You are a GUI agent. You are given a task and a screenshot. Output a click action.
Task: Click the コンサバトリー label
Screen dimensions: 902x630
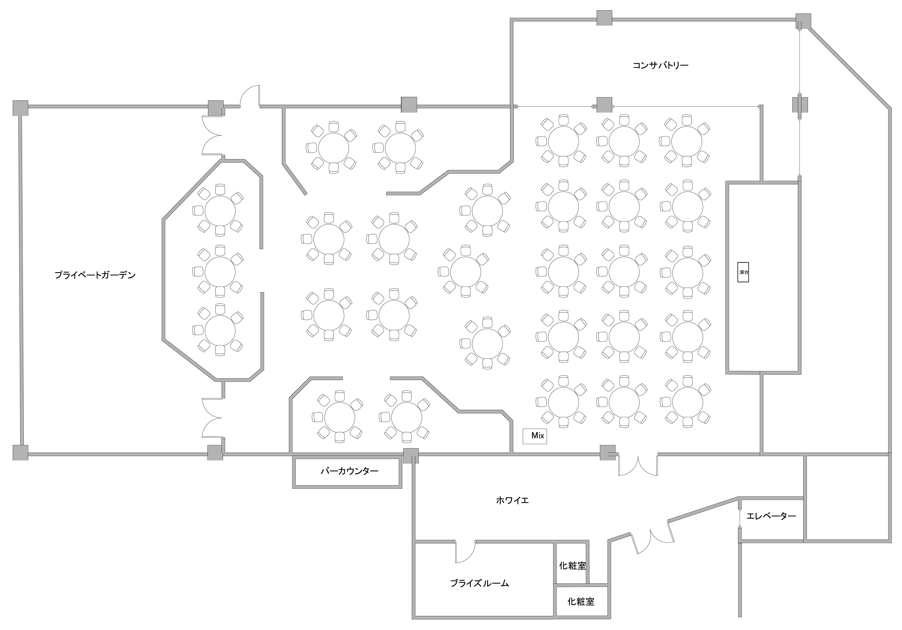pyautogui.click(x=660, y=65)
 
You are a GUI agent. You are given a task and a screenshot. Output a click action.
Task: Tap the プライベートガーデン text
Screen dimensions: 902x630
pyautogui.click(x=95, y=275)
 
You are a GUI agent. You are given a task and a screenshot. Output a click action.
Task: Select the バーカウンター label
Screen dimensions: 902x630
pyautogui.click(x=349, y=471)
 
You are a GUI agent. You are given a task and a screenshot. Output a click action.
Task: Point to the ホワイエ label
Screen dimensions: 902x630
pyautogui.click(x=512, y=500)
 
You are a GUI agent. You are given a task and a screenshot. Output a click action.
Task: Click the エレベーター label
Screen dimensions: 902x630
pyautogui.click(x=771, y=516)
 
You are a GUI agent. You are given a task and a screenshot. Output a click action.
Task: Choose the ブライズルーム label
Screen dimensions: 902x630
pyautogui.click(x=480, y=583)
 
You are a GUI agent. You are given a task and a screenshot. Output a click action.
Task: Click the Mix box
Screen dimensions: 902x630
pyautogui.click(x=535, y=436)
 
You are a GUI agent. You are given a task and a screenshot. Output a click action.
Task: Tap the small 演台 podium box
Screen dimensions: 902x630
pyautogui.click(x=743, y=272)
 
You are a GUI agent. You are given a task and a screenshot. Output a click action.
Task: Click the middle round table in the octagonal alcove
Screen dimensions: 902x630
pyautogui.click(x=220, y=271)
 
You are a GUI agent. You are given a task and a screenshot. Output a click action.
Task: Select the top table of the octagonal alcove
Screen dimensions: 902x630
pyautogui.click(x=220, y=210)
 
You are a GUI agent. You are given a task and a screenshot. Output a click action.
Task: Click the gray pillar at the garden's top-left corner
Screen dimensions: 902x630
pyautogui.click(x=20, y=108)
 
